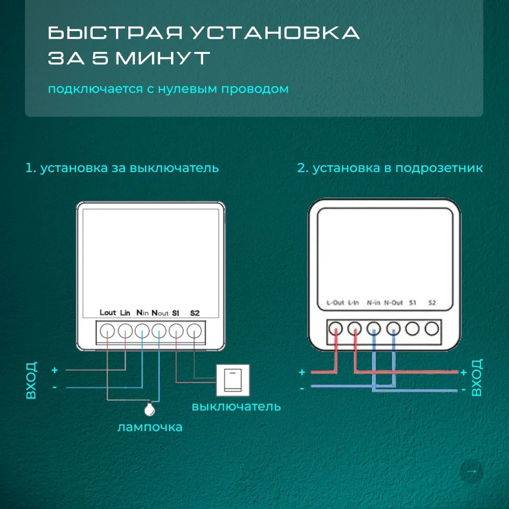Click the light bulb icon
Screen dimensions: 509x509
click(150, 407)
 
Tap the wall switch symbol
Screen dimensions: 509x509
click(233, 380)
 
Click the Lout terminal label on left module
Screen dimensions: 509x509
click(108, 313)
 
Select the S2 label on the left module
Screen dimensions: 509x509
click(194, 313)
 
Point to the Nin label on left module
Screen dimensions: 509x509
click(143, 313)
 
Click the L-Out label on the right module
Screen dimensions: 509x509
click(335, 303)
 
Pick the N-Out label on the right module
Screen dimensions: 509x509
click(393, 303)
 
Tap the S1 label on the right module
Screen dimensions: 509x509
click(413, 303)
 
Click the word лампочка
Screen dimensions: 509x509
click(150, 427)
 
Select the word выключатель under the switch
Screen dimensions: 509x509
click(236, 407)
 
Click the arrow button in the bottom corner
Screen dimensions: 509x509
click(471, 471)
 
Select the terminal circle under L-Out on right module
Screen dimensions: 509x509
click(335, 328)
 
